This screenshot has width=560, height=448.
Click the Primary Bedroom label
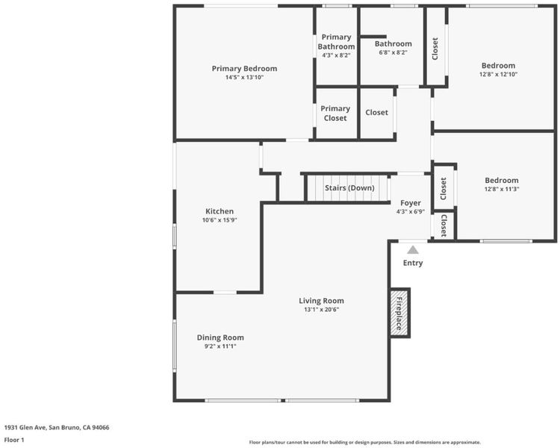coord(244,69)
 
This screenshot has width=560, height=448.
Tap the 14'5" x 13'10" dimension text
coord(244,77)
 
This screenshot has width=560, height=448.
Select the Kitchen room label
coord(220,211)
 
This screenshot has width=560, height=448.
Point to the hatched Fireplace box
coord(399,313)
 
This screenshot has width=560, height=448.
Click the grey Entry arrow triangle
coord(413,249)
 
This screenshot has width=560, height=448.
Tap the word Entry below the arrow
coord(413,263)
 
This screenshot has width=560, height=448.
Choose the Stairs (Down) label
coord(349,188)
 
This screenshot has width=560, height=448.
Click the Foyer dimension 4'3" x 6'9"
coord(411,211)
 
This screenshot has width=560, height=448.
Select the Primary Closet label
coord(335,113)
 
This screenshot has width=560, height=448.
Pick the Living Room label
coord(321,301)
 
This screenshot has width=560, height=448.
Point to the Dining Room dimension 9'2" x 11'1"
coord(220,346)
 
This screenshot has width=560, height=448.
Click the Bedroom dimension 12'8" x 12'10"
coord(498,75)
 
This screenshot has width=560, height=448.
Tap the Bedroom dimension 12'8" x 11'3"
coord(502,189)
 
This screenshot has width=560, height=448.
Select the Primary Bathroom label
coord(336,42)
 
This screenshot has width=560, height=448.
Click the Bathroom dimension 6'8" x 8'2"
coord(393,52)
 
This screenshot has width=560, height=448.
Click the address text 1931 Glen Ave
coord(25,427)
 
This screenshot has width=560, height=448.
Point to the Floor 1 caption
coord(14,440)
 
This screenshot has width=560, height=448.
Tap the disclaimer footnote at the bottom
coord(364,442)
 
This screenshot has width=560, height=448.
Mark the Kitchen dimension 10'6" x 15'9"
coord(220,220)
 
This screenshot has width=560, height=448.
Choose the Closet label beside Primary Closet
coord(376,113)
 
